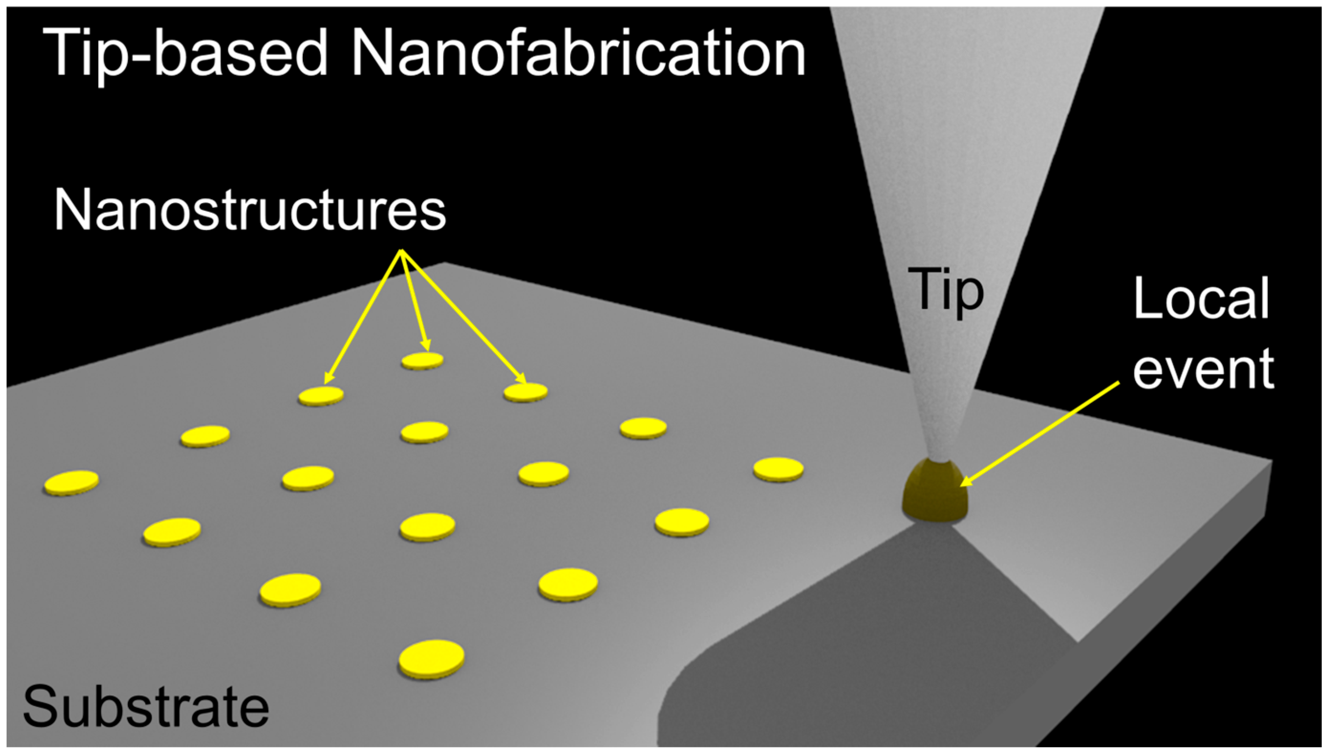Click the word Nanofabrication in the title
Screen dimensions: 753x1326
(x=578, y=53)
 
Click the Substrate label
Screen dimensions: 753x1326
(x=146, y=707)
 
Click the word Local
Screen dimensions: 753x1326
(x=1201, y=299)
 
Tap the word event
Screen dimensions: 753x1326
(x=1203, y=368)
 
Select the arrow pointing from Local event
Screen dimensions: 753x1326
(x=1039, y=434)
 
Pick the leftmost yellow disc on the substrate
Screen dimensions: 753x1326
(x=71, y=483)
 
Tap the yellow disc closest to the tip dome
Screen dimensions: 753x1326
(x=778, y=469)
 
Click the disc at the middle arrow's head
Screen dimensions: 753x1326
(x=422, y=360)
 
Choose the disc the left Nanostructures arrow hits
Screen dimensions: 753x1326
(x=321, y=396)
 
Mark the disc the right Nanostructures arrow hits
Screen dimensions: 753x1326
(x=526, y=392)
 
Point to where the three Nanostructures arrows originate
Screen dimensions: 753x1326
(x=401, y=252)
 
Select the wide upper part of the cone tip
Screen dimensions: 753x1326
(x=967, y=77)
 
